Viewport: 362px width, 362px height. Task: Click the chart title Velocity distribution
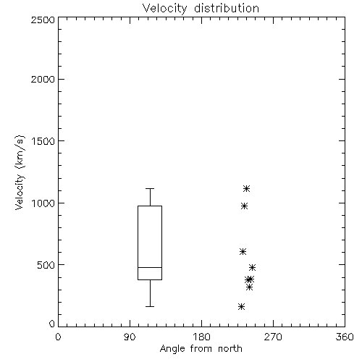pos(201,8)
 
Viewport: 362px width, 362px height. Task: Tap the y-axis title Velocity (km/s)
pos(20,172)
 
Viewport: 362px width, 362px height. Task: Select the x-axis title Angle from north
pos(201,348)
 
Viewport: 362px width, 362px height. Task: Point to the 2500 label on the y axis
pos(43,20)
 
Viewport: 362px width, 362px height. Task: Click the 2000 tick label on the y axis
pos(43,79)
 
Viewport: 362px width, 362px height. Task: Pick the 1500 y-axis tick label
pos(43,141)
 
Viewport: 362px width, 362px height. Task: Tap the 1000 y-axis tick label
pos(43,203)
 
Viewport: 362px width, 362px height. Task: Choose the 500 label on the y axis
pos(46,265)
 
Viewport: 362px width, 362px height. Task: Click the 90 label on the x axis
pos(130,337)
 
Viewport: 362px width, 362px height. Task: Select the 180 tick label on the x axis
pos(201,337)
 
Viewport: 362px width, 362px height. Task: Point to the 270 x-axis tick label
pos(273,337)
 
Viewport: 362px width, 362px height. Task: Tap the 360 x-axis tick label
pos(345,337)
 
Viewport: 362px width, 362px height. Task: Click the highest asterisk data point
pos(246,188)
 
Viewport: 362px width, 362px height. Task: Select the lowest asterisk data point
pos(241,306)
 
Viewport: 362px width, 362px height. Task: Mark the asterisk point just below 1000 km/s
pos(244,206)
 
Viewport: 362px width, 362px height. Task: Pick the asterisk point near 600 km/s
pos(243,252)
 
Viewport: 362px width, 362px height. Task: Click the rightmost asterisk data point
pos(252,267)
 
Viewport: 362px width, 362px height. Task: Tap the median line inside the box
pos(150,267)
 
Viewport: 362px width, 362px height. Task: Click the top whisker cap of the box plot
pos(150,188)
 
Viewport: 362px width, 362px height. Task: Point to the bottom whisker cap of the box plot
pos(150,306)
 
